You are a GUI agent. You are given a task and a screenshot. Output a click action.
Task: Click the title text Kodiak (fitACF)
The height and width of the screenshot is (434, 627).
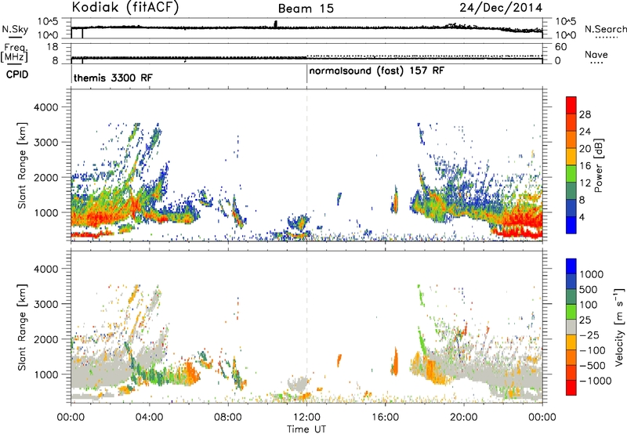click(x=125, y=7)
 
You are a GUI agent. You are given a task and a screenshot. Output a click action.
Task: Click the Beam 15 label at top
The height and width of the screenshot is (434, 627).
click(x=306, y=9)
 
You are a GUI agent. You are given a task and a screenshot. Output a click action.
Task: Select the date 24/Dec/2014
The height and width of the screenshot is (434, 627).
click(x=501, y=8)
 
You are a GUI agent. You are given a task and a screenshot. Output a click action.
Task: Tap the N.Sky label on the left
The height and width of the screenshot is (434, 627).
click(x=15, y=29)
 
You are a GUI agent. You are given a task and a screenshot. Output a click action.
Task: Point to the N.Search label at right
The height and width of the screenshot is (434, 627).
click(x=605, y=29)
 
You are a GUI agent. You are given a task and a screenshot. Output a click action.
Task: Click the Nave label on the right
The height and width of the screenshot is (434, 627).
click(x=596, y=54)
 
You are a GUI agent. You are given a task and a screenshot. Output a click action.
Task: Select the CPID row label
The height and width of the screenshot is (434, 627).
click(x=17, y=74)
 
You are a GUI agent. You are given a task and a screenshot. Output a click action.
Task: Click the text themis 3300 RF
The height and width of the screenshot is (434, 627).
click(x=113, y=78)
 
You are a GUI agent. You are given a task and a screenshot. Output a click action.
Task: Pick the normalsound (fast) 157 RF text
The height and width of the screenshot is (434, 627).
click(x=377, y=71)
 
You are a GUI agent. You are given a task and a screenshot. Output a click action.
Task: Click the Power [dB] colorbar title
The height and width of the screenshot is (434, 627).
click(x=598, y=165)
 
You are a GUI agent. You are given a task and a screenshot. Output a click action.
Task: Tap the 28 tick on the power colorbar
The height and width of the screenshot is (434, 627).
click(x=585, y=114)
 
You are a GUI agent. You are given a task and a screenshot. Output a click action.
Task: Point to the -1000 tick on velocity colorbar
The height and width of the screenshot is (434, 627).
click(x=595, y=381)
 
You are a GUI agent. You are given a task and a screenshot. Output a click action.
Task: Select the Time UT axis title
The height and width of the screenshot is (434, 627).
click(x=306, y=429)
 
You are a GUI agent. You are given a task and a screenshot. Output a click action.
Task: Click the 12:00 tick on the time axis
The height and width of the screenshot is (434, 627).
click(x=306, y=418)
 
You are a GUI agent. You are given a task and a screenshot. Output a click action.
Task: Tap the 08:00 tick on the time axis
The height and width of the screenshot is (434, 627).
click(x=228, y=418)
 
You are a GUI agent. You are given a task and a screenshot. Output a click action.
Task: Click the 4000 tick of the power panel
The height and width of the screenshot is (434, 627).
click(x=45, y=107)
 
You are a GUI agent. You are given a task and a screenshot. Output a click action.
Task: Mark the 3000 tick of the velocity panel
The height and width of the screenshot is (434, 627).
click(x=45, y=304)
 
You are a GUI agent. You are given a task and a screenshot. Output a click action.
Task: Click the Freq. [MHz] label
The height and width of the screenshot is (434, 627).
click(x=15, y=53)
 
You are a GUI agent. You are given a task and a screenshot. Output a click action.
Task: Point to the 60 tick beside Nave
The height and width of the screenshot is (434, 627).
click(x=560, y=47)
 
